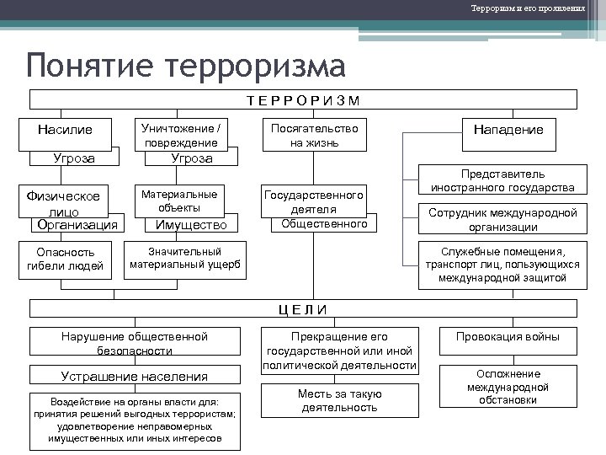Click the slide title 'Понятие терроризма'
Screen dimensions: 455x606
pyautogui.click(x=185, y=66)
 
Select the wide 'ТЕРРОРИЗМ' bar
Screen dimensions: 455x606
pyautogui.click(x=304, y=99)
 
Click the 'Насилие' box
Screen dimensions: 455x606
pyautogui.click(x=65, y=130)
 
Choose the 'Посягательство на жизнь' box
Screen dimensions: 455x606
pyautogui.click(x=314, y=135)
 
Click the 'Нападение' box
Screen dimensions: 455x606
pyautogui.click(x=508, y=129)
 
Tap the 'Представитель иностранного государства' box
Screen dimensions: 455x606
pyautogui.click(x=502, y=180)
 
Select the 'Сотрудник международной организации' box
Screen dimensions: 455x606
pyautogui.click(x=502, y=219)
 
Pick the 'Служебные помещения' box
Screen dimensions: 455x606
pyautogui.click(x=502, y=265)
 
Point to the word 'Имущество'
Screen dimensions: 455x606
pyautogui.click(x=192, y=225)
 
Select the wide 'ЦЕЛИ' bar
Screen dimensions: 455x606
pyautogui.click(x=302, y=308)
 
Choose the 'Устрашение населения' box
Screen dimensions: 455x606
pyautogui.click(x=134, y=376)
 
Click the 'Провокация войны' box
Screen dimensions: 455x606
pyautogui.click(x=508, y=337)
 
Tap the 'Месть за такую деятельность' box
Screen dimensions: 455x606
pyautogui.click(x=339, y=401)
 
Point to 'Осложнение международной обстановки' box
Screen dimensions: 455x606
pyautogui.click(x=508, y=387)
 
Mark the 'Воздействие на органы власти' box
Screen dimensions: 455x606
pyautogui.click(x=135, y=420)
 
